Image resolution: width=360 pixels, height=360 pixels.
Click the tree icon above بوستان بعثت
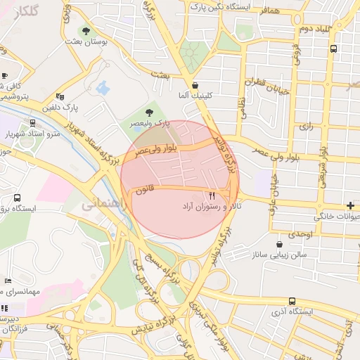[x=86, y=32]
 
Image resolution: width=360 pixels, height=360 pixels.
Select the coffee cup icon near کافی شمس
[x=4, y=76]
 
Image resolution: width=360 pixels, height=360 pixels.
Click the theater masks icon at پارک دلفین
[x=60, y=97]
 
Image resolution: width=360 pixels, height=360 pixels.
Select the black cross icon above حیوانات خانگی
[x=351, y=205]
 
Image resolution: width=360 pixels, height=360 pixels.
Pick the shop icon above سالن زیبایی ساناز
[x=280, y=244]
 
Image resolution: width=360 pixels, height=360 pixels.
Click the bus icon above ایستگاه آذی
[x=292, y=301]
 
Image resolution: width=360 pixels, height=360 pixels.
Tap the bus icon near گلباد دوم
[x=333, y=49]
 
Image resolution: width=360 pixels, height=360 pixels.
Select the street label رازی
[x=305, y=127]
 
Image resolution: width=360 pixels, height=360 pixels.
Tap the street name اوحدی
[x=299, y=233]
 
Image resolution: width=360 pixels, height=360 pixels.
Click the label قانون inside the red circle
[x=145, y=189]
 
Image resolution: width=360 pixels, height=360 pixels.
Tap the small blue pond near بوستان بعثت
[x=103, y=88]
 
